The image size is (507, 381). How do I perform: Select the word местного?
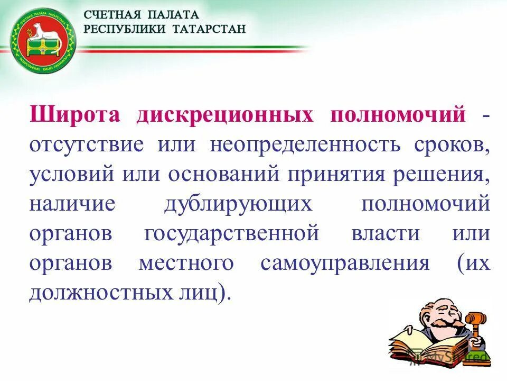[185, 263]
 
